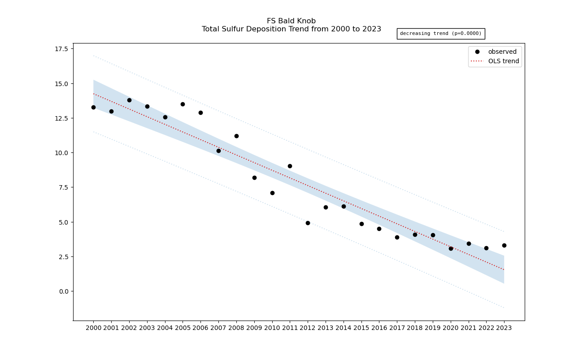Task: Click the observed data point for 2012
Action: [308, 223]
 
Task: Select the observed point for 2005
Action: [183, 104]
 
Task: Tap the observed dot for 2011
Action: [290, 166]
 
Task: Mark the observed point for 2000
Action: [93, 107]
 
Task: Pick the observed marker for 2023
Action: [504, 245]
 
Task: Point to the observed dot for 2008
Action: [236, 136]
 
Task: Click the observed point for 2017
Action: [397, 237]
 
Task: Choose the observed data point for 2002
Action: [129, 100]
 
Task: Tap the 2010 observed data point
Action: [272, 193]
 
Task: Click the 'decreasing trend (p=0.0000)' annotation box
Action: [440, 34]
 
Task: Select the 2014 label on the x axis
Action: [344, 328]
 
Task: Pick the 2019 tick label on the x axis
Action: [433, 328]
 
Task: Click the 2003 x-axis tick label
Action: [147, 328]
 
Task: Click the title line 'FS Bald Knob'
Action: [291, 21]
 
